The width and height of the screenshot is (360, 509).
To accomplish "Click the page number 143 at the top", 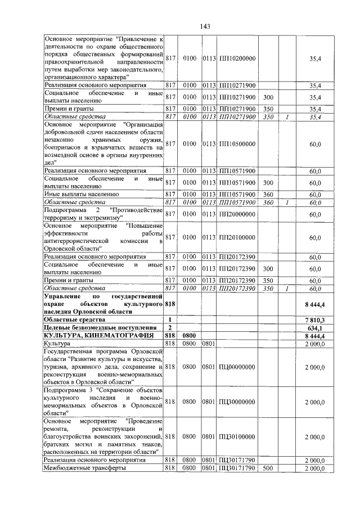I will [x=205, y=26].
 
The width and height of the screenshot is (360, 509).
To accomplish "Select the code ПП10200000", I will [x=237, y=58].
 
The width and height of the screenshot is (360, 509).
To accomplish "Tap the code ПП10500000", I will [x=237, y=144].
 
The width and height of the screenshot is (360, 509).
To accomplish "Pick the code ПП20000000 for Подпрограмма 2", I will [x=237, y=214].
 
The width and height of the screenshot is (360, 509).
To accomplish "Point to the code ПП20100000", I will [x=237, y=237].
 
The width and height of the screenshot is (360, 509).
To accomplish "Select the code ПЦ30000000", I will [x=237, y=402].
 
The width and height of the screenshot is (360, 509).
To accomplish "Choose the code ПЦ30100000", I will [x=237, y=436].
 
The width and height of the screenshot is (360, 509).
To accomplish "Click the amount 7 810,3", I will [x=315, y=319].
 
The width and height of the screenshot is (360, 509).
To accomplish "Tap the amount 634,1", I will [x=316, y=328].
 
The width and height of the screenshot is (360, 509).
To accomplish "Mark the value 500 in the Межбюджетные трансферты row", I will [x=267, y=468].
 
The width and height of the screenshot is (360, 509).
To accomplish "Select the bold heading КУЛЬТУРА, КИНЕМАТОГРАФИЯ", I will [x=91, y=336].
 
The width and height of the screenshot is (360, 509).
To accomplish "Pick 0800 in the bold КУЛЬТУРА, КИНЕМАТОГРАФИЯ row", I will [x=189, y=336].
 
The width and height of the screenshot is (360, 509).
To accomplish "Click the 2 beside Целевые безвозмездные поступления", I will [x=169, y=328].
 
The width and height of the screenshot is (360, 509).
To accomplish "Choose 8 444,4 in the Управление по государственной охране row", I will [x=315, y=303].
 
